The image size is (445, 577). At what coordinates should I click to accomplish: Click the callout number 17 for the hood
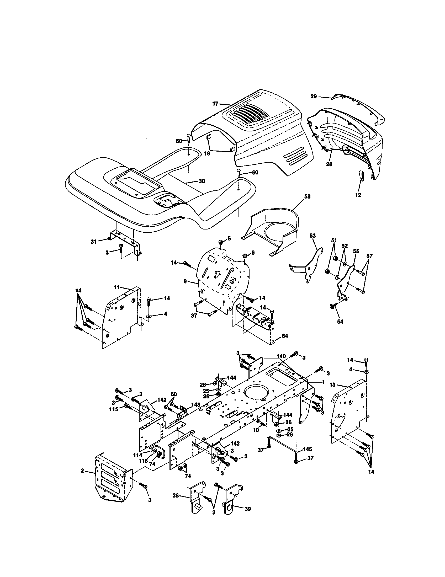coord(216,104)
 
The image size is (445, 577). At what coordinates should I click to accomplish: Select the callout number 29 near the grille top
coord(313,97)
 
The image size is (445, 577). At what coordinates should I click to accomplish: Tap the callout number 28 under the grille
coord(329,164)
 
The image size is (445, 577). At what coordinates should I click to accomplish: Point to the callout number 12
coord(358,195)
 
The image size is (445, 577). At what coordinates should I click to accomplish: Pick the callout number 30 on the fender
coord(202,181)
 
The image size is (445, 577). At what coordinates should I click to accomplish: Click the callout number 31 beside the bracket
coord(94,242)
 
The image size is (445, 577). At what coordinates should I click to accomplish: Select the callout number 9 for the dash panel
coord(185,282)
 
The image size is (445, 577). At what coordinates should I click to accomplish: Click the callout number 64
coord(285,336)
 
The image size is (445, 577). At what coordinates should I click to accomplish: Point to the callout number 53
coord(312,236)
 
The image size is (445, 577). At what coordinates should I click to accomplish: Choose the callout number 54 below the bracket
coord(340,322)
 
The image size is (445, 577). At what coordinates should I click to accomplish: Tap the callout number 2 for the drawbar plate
coord(82,471)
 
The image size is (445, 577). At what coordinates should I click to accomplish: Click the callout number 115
coord(114,408)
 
